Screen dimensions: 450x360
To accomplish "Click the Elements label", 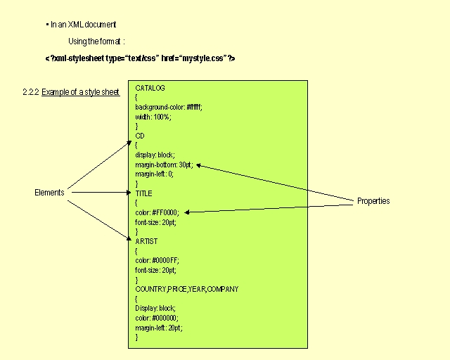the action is point(49,193).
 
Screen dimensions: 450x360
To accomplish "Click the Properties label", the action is point(373,201).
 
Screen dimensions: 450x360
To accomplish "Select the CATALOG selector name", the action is point(150,88).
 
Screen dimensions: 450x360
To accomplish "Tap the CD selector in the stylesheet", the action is point(140,136).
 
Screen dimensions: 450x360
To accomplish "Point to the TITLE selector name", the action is point(143,193).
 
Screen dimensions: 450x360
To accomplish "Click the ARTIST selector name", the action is point(146,241).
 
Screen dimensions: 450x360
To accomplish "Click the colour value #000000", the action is point(165,318).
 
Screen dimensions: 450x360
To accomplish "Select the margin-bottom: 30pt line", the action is point(164,165).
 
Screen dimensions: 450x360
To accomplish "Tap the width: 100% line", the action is point(153,117).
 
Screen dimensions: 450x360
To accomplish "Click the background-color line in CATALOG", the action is point(169,108).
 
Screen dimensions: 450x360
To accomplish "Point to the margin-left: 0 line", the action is point(155,174).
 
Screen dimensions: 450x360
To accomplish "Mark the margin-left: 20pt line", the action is point(159,328).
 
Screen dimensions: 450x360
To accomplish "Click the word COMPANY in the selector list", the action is point(223,289).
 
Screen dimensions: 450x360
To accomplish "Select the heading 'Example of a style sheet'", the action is point(81,92).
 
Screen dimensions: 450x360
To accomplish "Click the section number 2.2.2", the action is point(31,92).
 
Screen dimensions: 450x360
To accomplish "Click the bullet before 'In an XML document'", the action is point(47,25).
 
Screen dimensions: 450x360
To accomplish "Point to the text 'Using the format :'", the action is point(96,41).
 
